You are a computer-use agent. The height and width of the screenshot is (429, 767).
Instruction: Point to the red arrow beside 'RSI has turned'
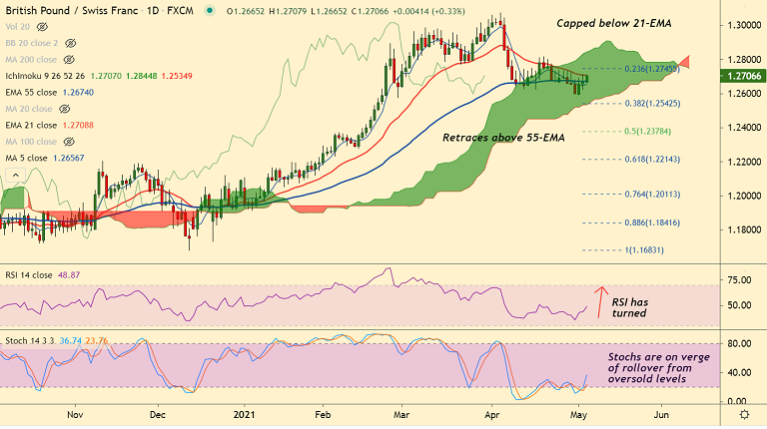click(600, 303)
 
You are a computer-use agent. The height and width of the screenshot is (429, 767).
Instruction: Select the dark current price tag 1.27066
click(742, 76)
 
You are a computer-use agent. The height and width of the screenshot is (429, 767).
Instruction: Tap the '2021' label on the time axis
click(245, 412)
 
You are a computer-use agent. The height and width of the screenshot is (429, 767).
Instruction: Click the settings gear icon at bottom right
click(742, 413)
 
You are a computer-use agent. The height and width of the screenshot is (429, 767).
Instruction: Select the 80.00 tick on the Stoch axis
click(740, 344)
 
